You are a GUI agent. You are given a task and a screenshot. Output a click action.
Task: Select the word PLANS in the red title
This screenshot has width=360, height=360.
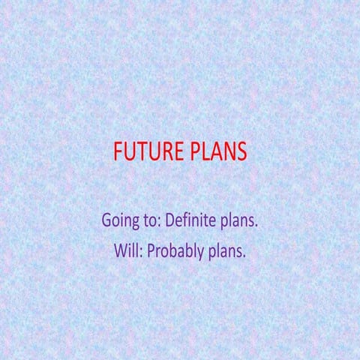coord(217,152)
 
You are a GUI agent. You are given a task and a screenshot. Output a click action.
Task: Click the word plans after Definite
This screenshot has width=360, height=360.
coord(240,222)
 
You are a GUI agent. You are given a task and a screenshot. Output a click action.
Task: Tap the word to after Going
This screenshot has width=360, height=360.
coord(150,222)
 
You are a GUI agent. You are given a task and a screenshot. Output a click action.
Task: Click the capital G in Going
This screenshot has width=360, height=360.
coord(107,221)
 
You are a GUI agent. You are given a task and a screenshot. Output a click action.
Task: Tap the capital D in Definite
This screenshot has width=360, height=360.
coord(170,221)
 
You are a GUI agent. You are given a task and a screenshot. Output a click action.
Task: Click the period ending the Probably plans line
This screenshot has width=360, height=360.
coord(244,256)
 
